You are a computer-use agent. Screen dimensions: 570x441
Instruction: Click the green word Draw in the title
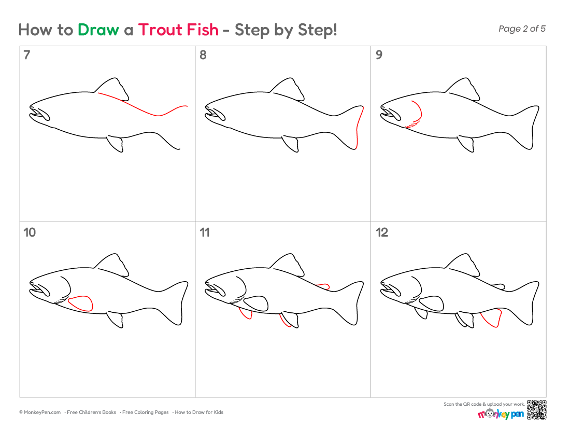[98, 30]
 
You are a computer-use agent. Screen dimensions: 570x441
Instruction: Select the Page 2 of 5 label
[522, 29]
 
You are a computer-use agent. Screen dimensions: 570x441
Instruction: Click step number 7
[26, 55]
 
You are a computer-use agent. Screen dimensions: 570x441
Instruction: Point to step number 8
[203, 55]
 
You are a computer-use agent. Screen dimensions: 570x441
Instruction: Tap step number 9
[379, 55]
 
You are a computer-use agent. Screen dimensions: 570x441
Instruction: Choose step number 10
[30, 232]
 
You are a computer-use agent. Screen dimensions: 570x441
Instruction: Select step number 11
[205, 232]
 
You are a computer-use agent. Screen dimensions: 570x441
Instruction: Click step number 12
[382, 232]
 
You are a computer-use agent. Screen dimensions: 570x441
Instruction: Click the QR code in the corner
[536, 410]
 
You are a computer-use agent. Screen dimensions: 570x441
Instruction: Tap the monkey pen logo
[501, 414]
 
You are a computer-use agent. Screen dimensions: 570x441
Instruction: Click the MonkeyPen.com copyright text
[40, 412]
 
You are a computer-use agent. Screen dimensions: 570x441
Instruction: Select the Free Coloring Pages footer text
[145, 412]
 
